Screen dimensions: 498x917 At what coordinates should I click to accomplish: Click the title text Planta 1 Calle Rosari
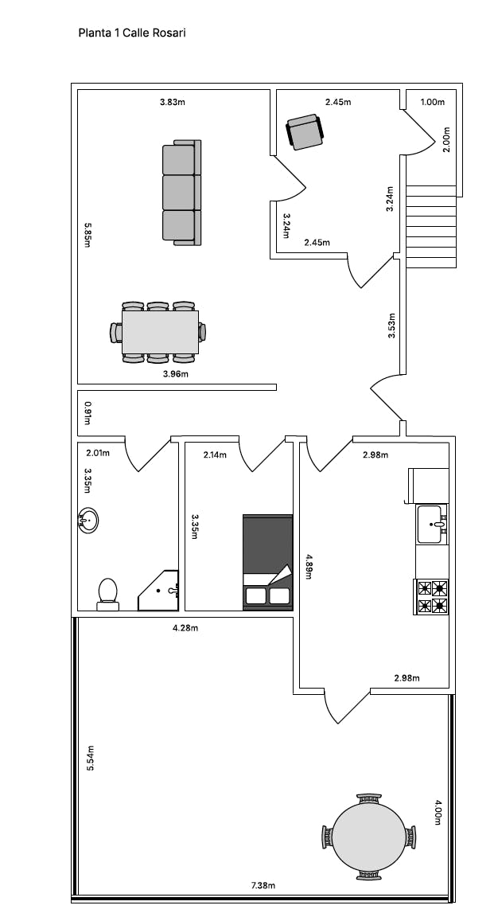[132, 33]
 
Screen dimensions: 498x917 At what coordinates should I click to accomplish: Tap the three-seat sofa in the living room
[182, 193]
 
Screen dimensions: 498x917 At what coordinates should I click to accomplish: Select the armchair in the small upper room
[305, 131]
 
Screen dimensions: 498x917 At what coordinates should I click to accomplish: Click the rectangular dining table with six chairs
[158, 332]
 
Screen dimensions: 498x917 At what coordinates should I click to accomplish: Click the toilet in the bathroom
[108, 594]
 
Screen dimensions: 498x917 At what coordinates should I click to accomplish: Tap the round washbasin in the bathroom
[88, 520]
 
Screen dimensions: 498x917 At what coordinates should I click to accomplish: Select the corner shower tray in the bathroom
[158, 591]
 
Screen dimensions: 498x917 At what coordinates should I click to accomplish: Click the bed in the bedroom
[268, 563]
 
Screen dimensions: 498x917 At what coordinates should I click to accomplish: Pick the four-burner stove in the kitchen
[431, 596]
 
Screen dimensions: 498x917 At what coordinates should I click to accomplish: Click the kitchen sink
[432, 524]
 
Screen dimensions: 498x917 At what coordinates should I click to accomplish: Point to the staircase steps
[431, 226]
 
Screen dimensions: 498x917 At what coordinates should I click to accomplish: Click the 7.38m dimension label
[263, 885]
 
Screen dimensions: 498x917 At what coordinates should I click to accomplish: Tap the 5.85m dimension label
[87, 235]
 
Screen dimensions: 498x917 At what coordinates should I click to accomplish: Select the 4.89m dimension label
[308, 566]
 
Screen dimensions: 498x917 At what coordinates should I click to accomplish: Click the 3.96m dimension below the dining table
[175, 373]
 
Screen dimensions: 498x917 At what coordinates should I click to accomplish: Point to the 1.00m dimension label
[433, 102]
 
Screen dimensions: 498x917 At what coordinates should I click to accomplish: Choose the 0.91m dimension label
[87, 412]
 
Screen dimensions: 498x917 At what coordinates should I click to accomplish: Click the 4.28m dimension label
[185, 628]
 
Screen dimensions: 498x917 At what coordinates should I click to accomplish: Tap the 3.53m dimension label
[391, 326]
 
